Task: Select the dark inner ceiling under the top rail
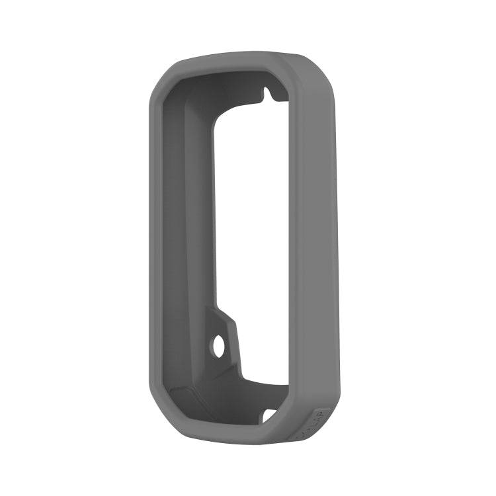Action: [x=225, y=86]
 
